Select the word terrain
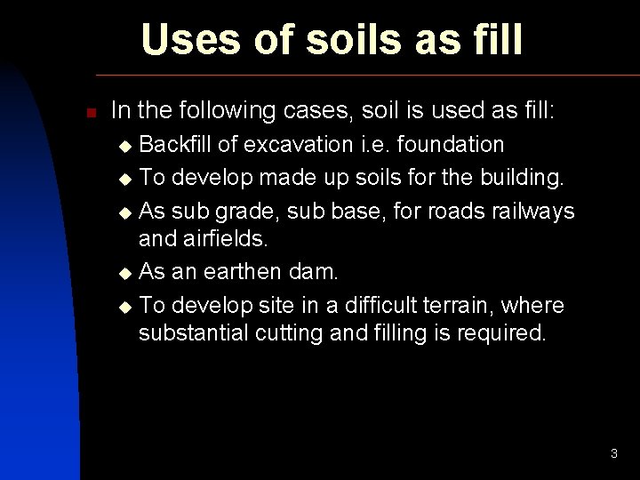pos(463,305)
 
